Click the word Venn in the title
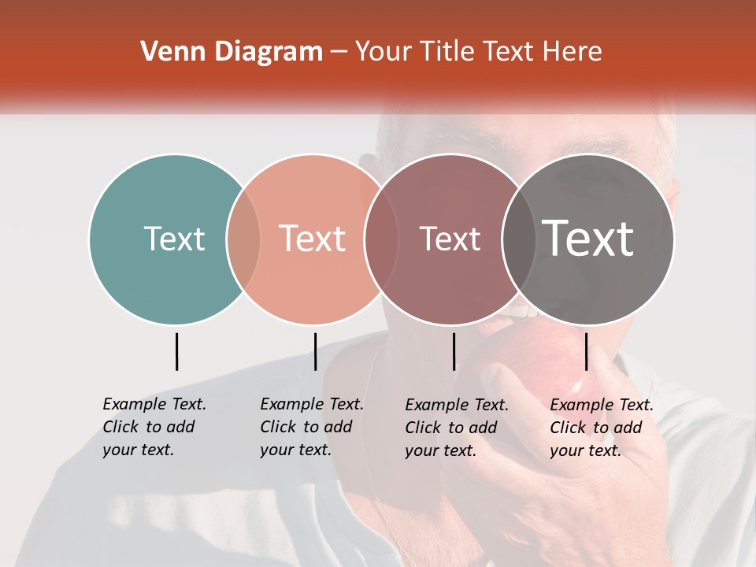pos(165,52)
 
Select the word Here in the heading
pos(574,52)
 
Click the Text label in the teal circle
pos(174,239)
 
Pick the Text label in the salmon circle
pos(313,239)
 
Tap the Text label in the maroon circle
pos(450,239)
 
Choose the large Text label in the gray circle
pos(588,239)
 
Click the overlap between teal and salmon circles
pos(243,239)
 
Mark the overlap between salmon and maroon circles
pos(380,239)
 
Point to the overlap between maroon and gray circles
pos(516,239)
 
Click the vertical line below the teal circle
pos(176,351)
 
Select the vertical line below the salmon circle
pos(315,351)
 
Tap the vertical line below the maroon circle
pos(454,351)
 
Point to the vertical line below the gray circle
pos(586,351)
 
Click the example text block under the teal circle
pos(154,427)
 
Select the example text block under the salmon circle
pos(312,427)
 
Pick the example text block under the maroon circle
pos(457,428)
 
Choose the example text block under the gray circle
pos(602,428)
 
